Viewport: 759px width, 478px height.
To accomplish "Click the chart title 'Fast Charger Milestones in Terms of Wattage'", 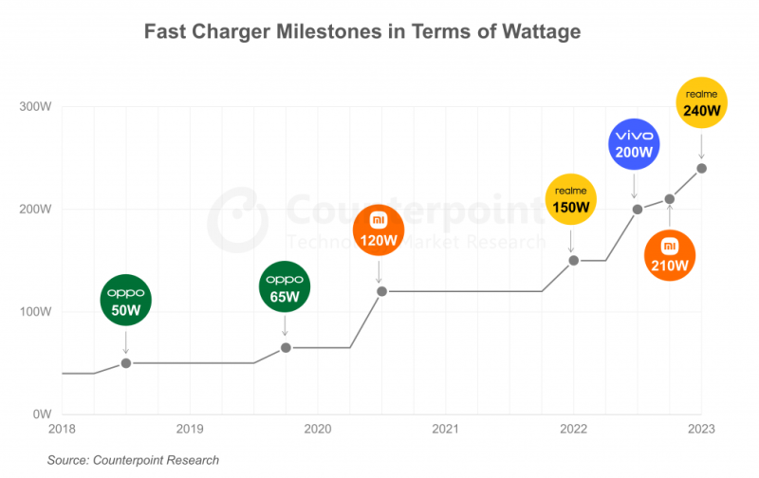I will (361, 32).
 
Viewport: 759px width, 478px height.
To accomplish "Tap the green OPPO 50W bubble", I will (126, 299).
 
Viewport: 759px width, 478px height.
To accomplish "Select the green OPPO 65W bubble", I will (286, 287).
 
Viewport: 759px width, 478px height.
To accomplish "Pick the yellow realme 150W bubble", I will (572, 199).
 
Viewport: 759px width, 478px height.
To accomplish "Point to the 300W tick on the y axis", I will (35, 106).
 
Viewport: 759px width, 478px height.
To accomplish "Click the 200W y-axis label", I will (35, 209).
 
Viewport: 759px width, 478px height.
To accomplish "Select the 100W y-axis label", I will (35, 312).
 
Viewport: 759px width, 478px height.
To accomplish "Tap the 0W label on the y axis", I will (42, 414).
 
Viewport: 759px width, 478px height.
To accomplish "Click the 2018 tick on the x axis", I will (62, 428).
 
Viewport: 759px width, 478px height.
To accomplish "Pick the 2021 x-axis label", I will (446, 428).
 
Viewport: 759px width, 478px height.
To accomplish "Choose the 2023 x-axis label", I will (701, 428).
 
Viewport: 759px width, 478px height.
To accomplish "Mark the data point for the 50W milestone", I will (126, 363).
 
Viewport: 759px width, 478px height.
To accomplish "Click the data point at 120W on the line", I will (381, 291).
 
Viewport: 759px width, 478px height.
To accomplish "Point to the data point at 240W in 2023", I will (702, 168).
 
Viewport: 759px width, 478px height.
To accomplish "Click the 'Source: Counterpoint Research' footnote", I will (133, 460).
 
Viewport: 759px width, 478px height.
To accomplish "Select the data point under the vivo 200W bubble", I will (638, 209).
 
